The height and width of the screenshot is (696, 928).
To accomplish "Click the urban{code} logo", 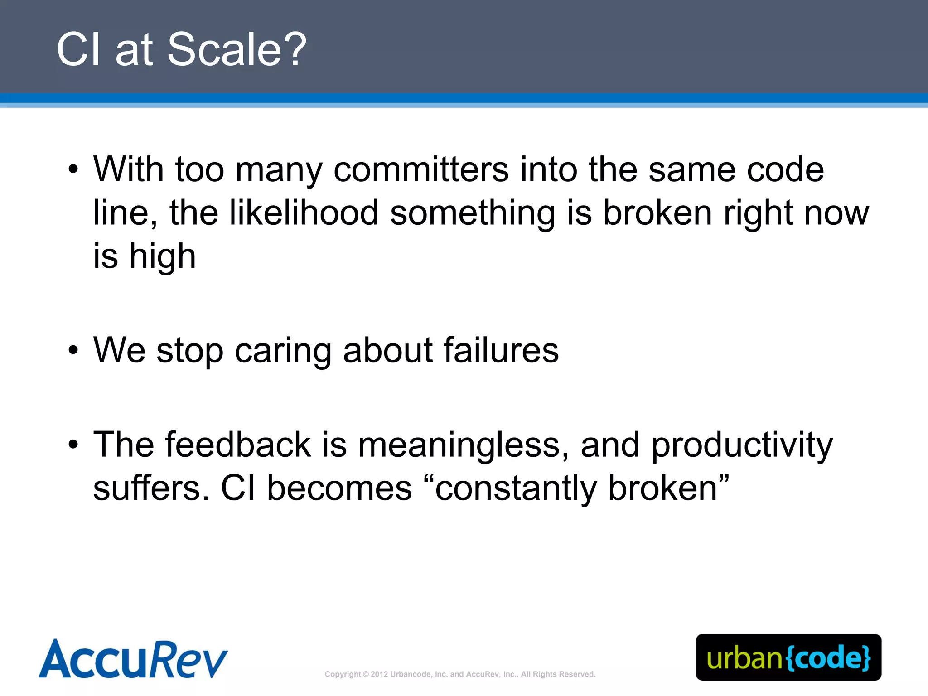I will [788, 657].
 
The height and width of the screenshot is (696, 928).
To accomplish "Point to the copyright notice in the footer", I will [460, 674].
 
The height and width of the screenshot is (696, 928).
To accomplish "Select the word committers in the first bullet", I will [421, 169].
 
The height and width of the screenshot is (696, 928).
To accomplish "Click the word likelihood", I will [304, 213].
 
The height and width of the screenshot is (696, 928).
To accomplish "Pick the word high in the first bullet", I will [163, 256].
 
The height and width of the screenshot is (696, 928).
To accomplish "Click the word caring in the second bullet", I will [284, 351].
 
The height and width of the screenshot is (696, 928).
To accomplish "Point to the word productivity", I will [742, 445].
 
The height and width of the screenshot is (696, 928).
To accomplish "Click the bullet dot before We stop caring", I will [73, 350].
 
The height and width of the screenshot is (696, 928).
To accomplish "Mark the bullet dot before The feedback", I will [73, 445].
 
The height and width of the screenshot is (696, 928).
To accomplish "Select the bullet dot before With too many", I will [73, 169].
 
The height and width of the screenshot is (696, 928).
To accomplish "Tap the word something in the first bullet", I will [473, 213].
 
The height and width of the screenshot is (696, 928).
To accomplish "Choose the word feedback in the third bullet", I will [238, 445].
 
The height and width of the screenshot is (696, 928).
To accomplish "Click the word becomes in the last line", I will [339, 488].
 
